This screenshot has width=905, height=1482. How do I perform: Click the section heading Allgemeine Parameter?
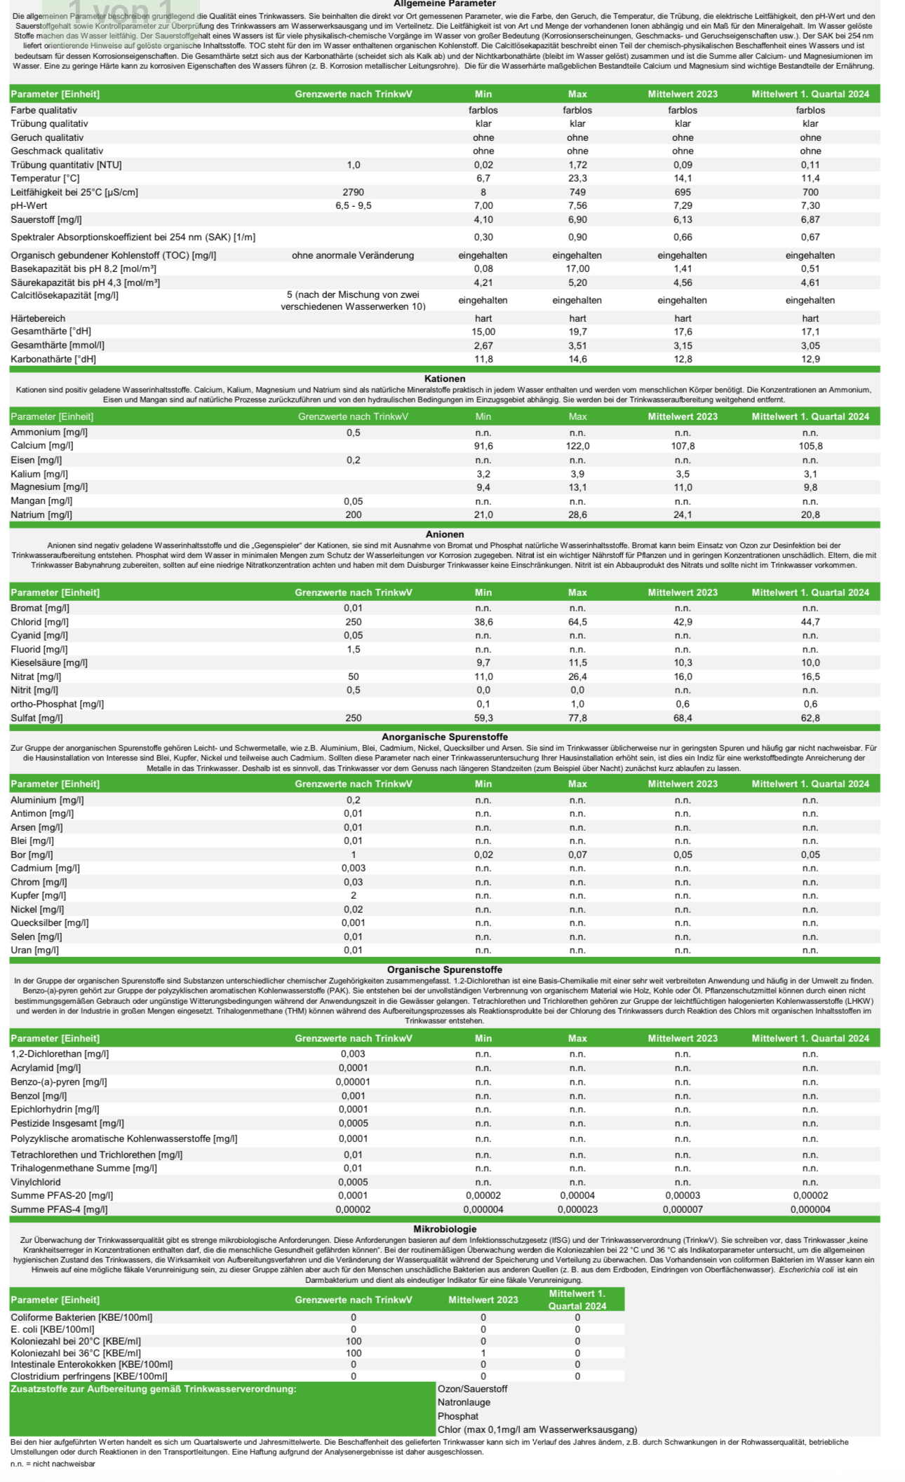click(445, 4)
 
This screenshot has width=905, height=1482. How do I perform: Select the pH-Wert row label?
click(29, 206)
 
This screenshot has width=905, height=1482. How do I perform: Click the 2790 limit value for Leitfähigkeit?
click(353, 192)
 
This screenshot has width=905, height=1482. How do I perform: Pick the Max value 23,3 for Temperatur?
click(577, 179)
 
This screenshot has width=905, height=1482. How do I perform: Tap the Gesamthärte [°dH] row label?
click(51, 332)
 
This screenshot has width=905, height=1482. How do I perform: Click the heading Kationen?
click(445, 379)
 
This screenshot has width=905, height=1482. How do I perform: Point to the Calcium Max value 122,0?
click(577, 446)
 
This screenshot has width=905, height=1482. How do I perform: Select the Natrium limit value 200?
click(353, 515)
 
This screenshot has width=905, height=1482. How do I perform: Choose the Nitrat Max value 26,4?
click(577, 677)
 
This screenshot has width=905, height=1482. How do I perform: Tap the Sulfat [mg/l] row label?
click(36, 718)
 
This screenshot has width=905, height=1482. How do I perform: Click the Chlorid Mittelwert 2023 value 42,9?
click(683, 622)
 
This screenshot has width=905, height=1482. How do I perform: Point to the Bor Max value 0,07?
click(577, 855)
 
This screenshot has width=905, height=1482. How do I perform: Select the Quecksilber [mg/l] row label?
click(50, 923)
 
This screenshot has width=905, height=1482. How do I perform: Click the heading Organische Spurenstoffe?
click(445, 970)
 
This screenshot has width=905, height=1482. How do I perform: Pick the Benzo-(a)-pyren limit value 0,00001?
click(353, 1082)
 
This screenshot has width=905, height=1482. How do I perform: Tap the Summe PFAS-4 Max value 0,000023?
click(577, 1209)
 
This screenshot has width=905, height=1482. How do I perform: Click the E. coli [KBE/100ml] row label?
click(53, 1329)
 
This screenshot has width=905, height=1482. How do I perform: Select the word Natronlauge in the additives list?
click(464, 1403)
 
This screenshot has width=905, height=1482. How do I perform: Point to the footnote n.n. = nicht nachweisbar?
click(53, 1464)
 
